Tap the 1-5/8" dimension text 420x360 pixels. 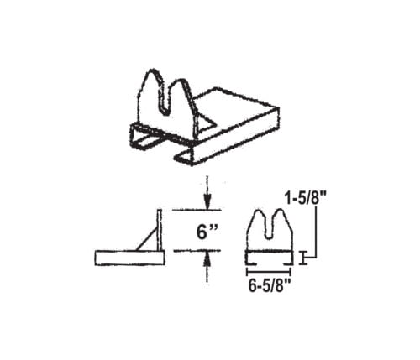[306, 198]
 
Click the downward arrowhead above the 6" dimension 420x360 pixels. [207, 203]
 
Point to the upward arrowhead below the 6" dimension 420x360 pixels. [207, 258]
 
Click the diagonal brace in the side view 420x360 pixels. [147, 238]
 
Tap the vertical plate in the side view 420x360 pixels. [160, 230]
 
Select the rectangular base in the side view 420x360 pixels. [129, 258]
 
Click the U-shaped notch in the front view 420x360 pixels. [269, 227]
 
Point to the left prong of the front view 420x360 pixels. [256, 225]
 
